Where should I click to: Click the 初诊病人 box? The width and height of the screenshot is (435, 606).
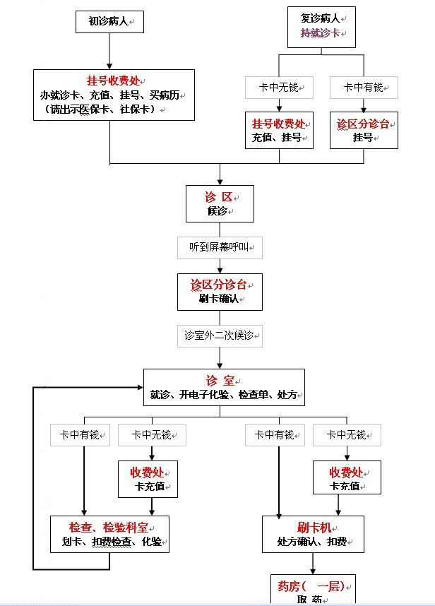pos(109,22)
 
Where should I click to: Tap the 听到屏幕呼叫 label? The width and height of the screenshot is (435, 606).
pos(220,248)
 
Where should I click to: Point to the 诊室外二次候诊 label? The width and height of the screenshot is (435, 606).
pos(220,335)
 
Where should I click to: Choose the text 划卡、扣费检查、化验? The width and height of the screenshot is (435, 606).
pos(109,542)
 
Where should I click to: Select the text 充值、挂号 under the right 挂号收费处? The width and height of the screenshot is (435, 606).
pos(280,137)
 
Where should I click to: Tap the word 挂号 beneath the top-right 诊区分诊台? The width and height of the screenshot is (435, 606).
pos(362,137)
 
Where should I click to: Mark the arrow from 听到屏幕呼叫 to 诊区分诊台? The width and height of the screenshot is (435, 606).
pos(220,267)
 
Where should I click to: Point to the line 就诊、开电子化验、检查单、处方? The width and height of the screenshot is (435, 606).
pos(223,395)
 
